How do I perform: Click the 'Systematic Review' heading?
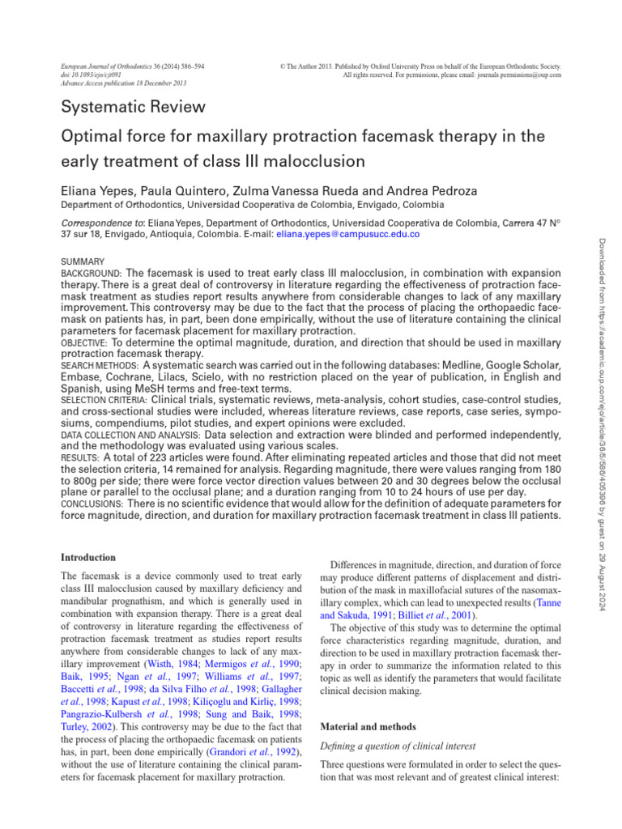click(x=134, y=107)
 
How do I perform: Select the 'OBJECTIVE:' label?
click(x=87, y=342)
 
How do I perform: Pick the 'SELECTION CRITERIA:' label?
click(x=104, y=400)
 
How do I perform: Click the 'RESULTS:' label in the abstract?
click(x=81, y=457)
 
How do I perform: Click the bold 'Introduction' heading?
click(x=89, y=558)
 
